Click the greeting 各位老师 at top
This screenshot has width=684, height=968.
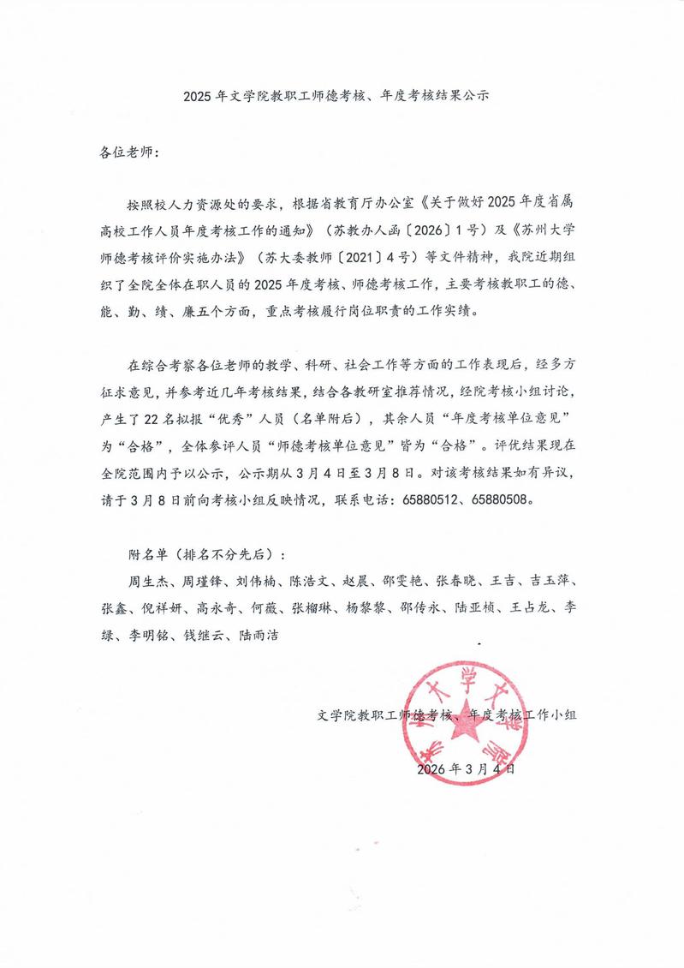124,152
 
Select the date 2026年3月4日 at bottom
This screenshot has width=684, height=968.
466,770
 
